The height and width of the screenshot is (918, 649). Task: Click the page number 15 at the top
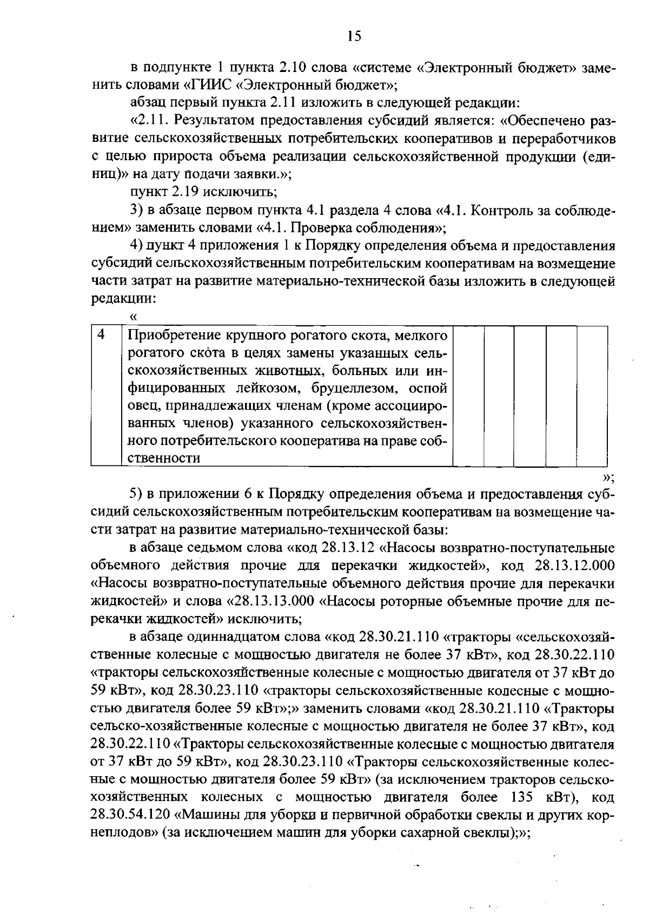pyautogui.click(x=354, y=36)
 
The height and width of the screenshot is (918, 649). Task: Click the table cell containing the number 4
pyautogui.click(x=101, y=335)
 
